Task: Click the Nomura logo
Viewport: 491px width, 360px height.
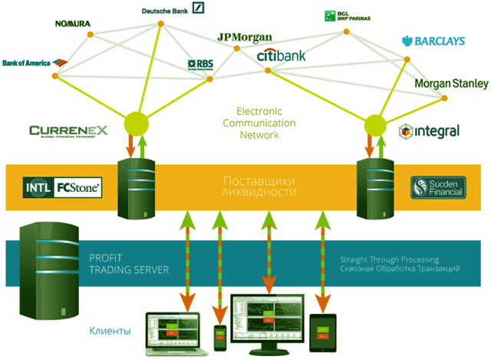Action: (73, 24)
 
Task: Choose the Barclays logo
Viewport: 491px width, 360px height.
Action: (433, 41)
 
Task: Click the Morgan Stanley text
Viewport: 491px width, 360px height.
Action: (451, 83)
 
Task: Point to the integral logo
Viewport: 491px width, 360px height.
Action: (430, 131)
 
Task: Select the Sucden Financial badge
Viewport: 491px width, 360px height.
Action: (438, 187)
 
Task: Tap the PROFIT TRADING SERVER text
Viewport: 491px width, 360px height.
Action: (123, 264)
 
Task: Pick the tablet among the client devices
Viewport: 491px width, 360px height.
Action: (322, 331)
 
